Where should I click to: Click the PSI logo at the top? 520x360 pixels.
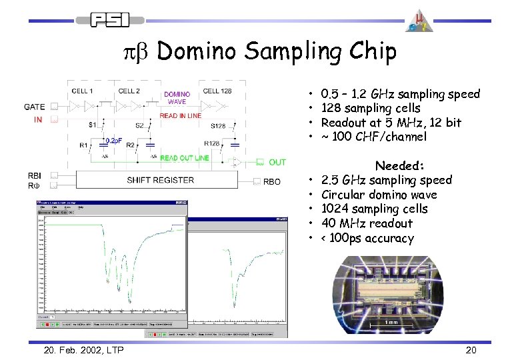click(x=111, y=21)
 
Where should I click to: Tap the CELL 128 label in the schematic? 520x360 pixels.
click(x=217, y=91)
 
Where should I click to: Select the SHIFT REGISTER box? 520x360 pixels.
click(x=161, y=180)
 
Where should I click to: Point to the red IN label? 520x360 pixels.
click(x=38, y=120)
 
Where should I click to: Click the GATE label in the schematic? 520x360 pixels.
click(x=35, y=107)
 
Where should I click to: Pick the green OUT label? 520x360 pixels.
click(x=277, y=162)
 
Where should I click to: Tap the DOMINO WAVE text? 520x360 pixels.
click(x=177, y=98)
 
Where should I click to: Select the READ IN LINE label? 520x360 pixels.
click(x=180, y=116)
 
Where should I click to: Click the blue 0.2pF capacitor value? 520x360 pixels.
click(x=111, y=141)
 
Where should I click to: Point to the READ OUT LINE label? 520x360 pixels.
click(x=185, y=158)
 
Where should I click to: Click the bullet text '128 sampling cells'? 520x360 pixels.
click(x=371, y=108)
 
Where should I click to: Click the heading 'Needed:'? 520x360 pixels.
click(x=400, y=165)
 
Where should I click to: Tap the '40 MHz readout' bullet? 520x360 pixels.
click(x=367, y=223)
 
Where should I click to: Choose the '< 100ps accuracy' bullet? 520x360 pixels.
click(x=367, y=238)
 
